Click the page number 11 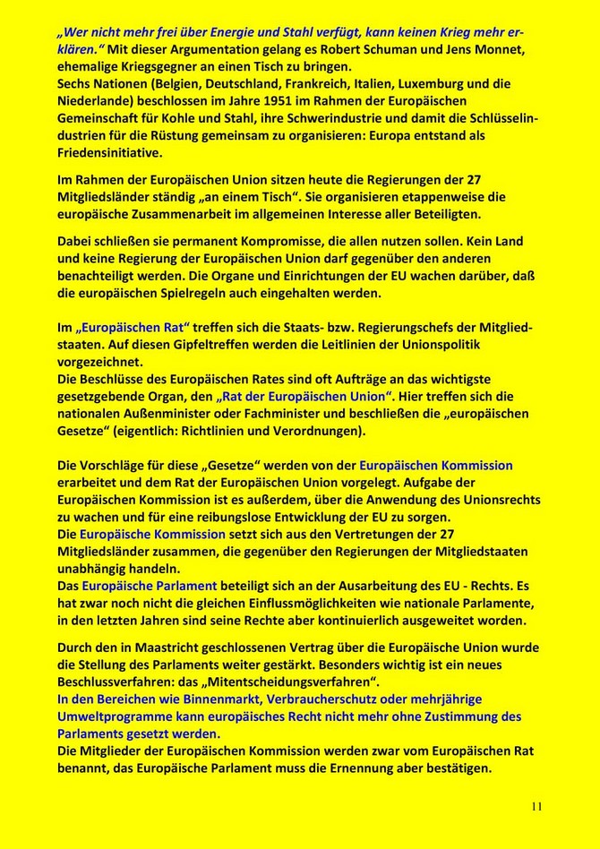[536, 806]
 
